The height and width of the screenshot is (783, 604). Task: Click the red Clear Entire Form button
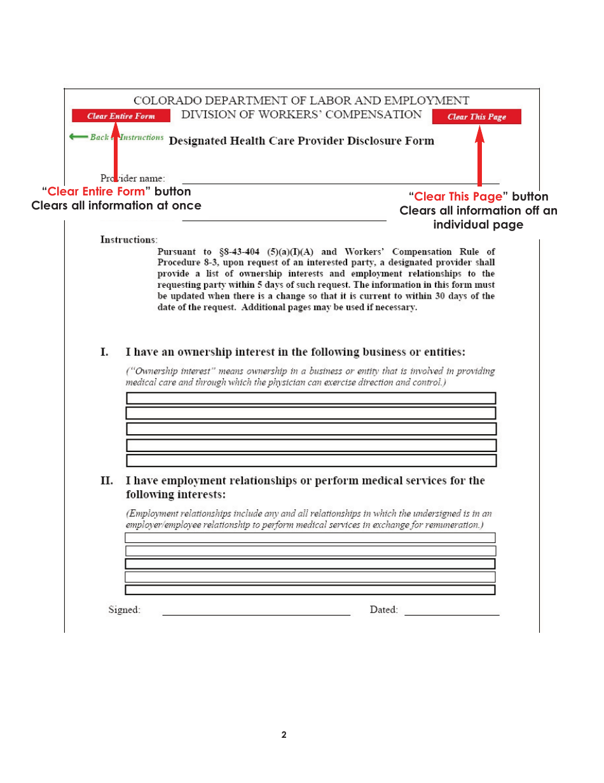pyautogui.click(x=121, y=116)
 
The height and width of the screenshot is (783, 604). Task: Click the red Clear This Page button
pyautogui.click(x=476, y=116)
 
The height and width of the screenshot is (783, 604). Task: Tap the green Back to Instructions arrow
pyautogui.click(x=79, y=137)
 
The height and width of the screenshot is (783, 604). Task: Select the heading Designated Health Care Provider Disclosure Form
pyautogui.click(x=301, y=141)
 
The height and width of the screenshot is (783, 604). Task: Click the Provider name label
pyautogui.click(x=133, y=178)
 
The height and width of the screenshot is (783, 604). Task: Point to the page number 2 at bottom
pyautogui.click(x=284, y=735)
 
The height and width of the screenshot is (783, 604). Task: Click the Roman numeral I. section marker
pyautogui.click(x=105, y=352)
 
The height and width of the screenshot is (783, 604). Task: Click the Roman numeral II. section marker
pyautogui.click(x=107, y=481)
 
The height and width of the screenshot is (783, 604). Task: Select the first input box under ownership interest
pyautogui.click(x=311, y=399)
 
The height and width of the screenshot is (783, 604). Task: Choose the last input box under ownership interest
pyautogui.click(x=311, y=460)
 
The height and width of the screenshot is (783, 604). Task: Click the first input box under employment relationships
pyautogui.click(x=310, y=538)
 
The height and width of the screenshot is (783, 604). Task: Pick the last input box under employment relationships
pyautogui.click(x=310, y=589)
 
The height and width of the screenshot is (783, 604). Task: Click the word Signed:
pyautogui.click(x=125, y=610)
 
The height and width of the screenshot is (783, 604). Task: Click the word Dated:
pyautogui.click(x=384, y=610)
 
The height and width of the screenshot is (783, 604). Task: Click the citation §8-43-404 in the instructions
pyautogui.click(x=241, y=252)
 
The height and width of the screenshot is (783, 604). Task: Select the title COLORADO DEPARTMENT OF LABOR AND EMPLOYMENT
pyautogui.click(x=301, y=101)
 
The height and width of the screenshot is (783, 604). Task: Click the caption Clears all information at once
pyautogui.click(x=116, y=206)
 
